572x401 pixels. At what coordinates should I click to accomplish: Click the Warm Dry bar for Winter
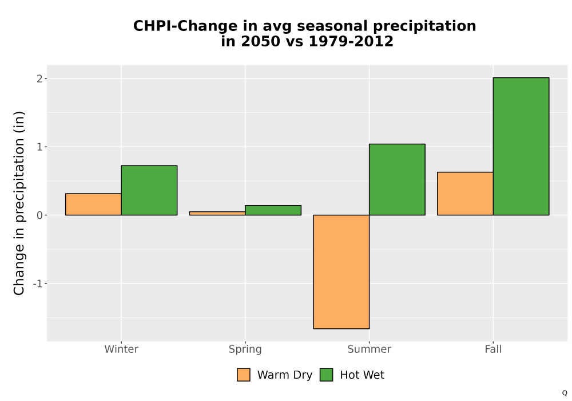[93, 204]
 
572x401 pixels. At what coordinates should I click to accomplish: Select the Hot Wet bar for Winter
[149, 190]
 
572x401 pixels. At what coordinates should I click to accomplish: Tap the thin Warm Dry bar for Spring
[217, 213]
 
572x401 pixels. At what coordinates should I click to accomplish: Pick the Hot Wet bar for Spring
[273, 210]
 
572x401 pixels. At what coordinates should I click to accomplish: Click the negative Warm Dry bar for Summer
[341, 272]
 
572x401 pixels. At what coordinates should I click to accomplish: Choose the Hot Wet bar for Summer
[398, 179]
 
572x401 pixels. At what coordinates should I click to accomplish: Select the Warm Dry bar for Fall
[465, 194]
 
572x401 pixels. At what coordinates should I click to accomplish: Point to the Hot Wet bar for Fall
[521, 146]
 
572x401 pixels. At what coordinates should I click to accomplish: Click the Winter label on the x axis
[121, 349]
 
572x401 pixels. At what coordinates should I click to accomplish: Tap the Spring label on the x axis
[245, 349]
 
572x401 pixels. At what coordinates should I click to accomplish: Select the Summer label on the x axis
[369, 349]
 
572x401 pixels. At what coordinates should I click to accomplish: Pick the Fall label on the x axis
[493, 349]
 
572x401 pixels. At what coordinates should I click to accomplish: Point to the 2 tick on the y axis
[40, 78]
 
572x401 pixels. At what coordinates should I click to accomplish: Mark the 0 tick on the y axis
[40, 215]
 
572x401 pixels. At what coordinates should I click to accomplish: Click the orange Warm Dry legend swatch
[244, 375]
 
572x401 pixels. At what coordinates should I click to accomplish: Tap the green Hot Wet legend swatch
[327, 375]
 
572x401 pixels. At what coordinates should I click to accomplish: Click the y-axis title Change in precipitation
[19, 203]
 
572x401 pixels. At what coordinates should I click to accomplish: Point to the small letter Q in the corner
[565, 393]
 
